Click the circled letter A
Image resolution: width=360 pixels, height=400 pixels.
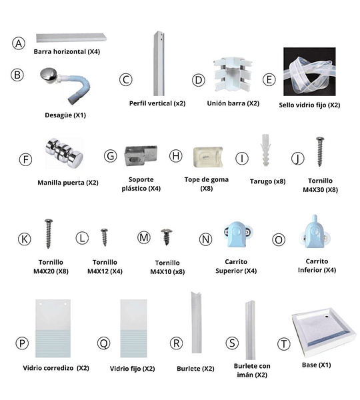click(x=19, y=43)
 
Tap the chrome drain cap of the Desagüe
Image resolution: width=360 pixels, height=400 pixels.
click(x=49, y=74)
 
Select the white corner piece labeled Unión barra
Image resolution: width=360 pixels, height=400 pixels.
click(x=233, y=76)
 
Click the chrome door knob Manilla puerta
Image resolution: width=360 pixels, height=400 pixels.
click(x=64, y=153)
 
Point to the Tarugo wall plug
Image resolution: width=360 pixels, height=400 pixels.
click(x=265, y=150)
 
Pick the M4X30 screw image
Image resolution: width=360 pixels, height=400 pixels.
click(x=320, y=151)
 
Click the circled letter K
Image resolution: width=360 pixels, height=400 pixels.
click(x=25, y=239)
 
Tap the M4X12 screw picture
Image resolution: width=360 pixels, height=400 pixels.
click(x=104, y=237)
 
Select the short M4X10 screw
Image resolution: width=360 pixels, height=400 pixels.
click(x=167, y=237)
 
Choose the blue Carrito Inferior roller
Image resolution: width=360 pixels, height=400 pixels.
click(x=315, y=232)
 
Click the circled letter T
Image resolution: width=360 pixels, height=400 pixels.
click(x=284, y=343)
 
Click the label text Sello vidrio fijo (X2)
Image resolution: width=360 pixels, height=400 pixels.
click(x=309, y=105)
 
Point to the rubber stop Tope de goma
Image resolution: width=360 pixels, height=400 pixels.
click(x=208, y=157)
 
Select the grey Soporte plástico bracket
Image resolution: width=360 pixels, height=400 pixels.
click(x=141, y=155)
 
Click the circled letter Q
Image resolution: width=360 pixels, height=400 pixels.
click(x=104, y=343)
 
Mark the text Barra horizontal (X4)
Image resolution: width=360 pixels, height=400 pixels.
click(x=67, y=52)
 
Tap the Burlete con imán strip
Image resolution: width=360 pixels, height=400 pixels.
click(x=250, y=330)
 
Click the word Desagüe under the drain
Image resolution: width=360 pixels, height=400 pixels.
click(x=59, y=115)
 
